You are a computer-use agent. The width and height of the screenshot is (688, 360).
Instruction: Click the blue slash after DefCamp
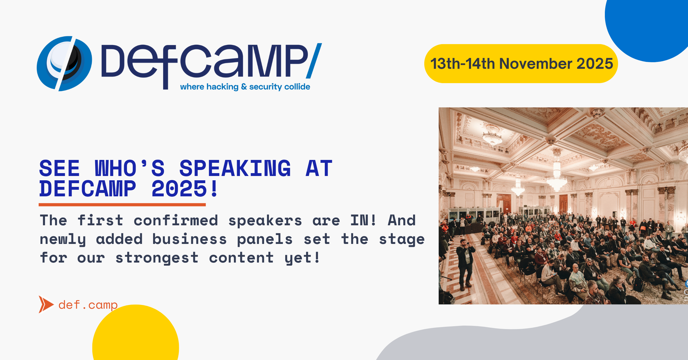point(314,61)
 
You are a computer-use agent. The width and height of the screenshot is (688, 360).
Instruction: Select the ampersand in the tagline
point(244,87)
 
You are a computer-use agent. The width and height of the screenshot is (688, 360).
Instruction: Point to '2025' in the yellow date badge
point(595,63)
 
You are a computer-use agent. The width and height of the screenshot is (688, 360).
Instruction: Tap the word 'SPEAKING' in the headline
point(235,168)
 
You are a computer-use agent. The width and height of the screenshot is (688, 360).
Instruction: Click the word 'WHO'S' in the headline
point(130,168)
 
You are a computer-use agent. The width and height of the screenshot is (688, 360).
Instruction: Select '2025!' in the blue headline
point(185,189)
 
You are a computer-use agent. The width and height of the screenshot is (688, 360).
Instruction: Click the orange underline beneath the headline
point(122,205)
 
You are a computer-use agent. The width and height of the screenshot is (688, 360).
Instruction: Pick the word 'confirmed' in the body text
point(176,220)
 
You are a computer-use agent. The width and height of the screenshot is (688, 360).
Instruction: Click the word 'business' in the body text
point(189,239)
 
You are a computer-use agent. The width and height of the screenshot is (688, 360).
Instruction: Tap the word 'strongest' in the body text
point(157,258)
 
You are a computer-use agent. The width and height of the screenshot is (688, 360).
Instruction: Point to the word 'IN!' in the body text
point(363,220)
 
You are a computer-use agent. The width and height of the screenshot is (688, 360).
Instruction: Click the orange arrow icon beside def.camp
point(46,304)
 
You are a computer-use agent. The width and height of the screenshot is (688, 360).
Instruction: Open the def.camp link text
point(88,305)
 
